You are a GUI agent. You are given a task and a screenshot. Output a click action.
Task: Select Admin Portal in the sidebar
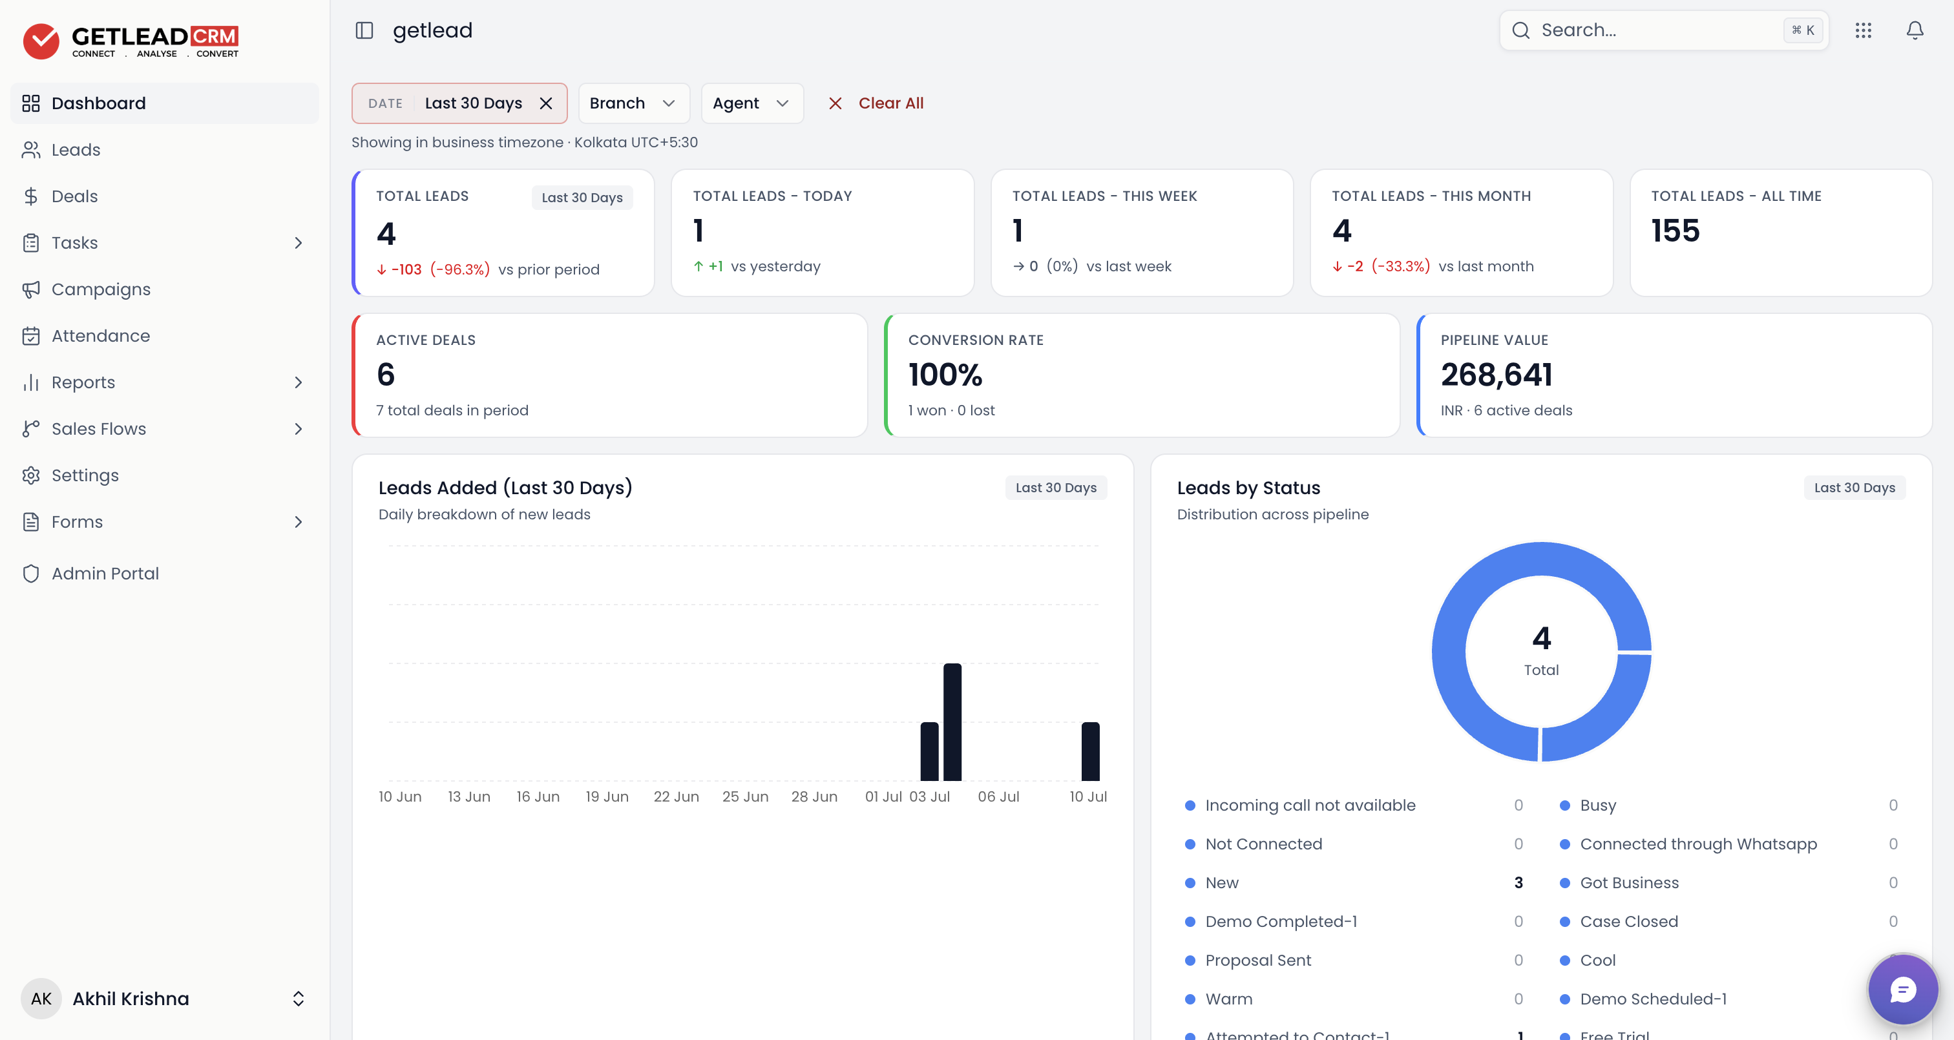105,574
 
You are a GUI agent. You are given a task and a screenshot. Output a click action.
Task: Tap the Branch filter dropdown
633,103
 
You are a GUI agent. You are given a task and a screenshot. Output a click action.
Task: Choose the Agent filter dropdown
751,103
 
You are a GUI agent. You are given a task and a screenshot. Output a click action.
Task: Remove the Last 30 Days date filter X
545,103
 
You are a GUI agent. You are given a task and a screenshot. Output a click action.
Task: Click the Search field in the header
1663,30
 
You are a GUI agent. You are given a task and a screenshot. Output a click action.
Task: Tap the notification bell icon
1915,30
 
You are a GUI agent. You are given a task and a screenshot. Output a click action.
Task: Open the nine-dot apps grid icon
1863,30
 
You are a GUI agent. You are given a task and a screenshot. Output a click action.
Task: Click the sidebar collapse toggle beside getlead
364,30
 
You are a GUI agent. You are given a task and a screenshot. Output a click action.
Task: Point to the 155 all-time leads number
1675,231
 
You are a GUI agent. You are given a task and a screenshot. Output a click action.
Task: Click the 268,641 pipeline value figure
1496,375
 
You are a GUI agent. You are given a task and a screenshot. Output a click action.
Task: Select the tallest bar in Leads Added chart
952,722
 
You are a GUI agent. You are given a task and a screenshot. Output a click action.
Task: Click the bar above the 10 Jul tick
1090,751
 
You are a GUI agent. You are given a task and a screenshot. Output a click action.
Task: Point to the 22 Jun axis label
676,796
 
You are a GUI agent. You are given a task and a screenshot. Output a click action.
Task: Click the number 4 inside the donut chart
1541,638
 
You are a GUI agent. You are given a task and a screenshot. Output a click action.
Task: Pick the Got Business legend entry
1628,883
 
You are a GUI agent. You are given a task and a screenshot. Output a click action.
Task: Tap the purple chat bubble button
1902,989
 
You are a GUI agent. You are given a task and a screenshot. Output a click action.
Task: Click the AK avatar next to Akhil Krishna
41,998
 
